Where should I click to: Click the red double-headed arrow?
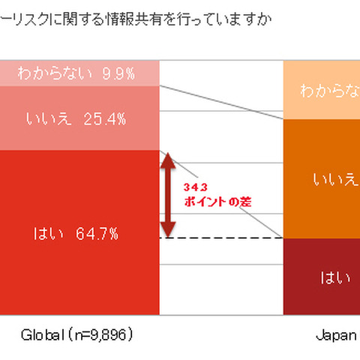[x=169, y=194]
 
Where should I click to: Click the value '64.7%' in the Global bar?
[x=97, y=233]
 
